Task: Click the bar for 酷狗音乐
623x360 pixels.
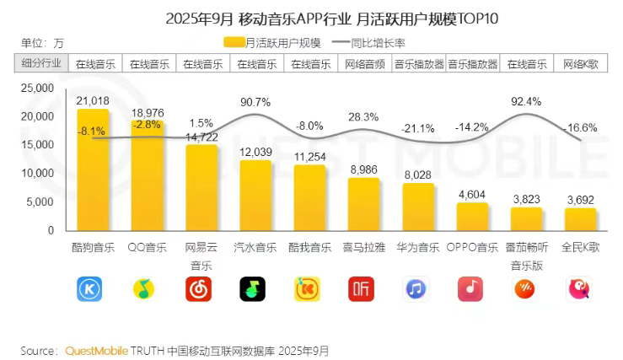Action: tap(92, 169)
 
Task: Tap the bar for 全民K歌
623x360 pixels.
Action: tap(580, 219)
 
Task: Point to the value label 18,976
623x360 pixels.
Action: tap(147, 113)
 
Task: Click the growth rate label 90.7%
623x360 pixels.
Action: tap(255, 102)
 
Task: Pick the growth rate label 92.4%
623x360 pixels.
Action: tap(525, 100)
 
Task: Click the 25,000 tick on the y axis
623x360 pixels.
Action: tap(37, 88)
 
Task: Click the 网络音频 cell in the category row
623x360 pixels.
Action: tap(363, 63)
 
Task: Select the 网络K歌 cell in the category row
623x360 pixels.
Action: tap(580, 63)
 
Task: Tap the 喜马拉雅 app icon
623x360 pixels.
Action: tap(363, 289)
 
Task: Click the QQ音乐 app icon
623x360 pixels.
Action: tap(146, 289)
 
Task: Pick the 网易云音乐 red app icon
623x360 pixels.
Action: tap(200, 289)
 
